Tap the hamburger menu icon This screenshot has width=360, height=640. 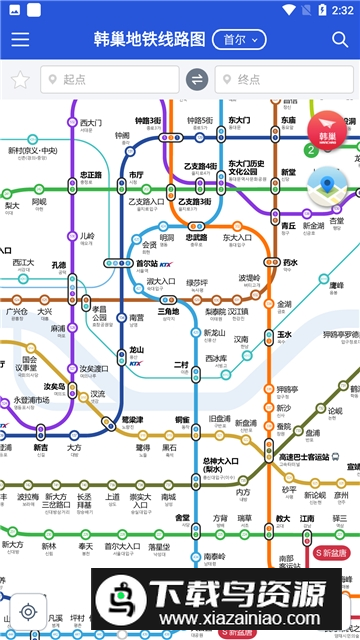click(19, 40)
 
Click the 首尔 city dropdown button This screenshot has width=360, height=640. click(244, 40)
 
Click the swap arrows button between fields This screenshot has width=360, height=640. click(197, 80)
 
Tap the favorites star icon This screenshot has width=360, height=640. click(19, 80)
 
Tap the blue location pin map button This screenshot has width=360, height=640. click(327, 186)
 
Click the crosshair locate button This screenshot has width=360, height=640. click(29, 611)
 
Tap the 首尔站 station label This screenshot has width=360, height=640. click(147, 265)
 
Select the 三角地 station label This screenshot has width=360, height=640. click(169, 312)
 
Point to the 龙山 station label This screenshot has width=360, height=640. click(137, 351)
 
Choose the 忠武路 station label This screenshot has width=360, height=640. click(196, 238)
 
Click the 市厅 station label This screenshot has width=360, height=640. click(136, 175)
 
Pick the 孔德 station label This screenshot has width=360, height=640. click(58, 265)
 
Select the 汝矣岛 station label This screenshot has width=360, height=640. click(54, 387)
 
